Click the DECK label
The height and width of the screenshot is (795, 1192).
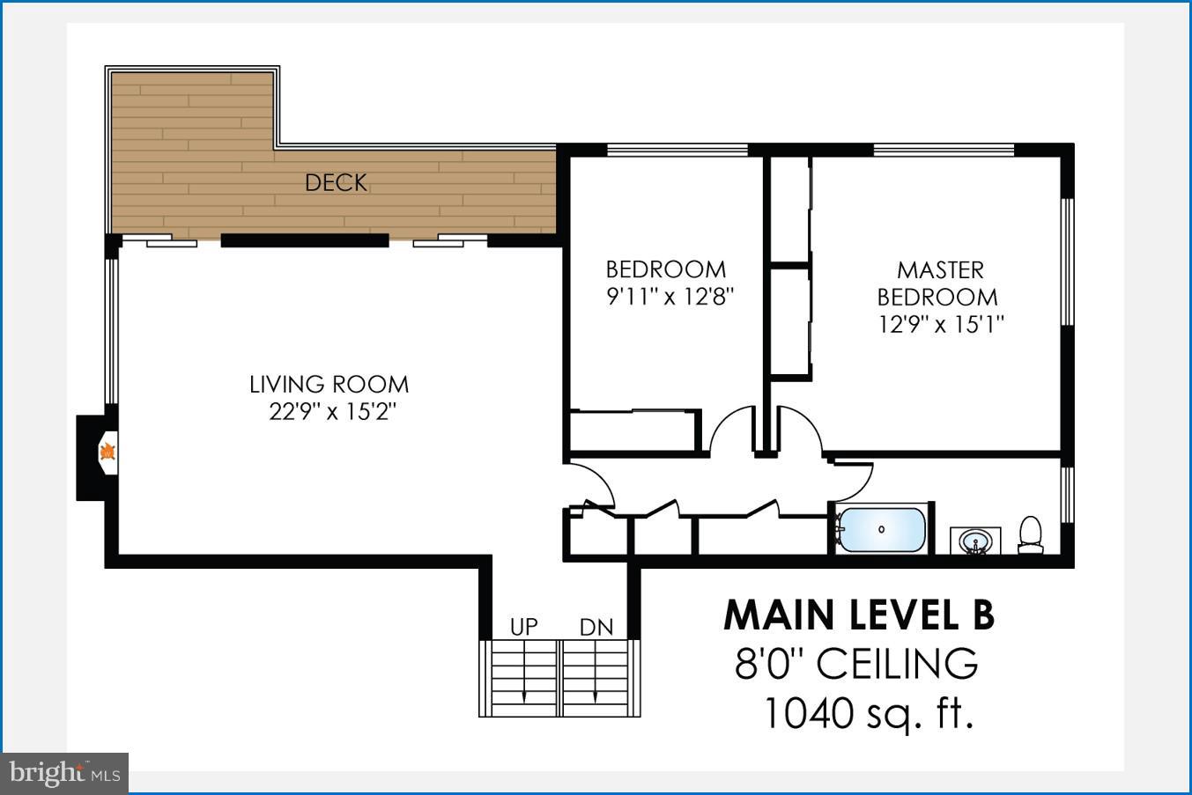336,183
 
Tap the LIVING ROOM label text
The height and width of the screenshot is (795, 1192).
329,385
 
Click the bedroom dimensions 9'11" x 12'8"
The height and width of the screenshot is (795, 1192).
670,297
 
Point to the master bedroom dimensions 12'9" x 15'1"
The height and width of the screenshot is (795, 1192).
941,325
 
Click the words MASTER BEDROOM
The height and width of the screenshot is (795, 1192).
939,283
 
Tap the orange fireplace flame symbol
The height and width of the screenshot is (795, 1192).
107,453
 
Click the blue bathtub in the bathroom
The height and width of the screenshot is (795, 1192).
881,529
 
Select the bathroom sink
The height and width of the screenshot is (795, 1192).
974,541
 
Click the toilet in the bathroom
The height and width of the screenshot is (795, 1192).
1030,534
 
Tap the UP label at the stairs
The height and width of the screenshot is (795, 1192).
523,627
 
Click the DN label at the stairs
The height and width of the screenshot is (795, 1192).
596,627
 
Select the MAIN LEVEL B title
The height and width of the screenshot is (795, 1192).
858,615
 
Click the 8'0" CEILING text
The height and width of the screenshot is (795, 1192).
856,664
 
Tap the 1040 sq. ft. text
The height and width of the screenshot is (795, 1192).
868,713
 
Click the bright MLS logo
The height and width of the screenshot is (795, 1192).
64,774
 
